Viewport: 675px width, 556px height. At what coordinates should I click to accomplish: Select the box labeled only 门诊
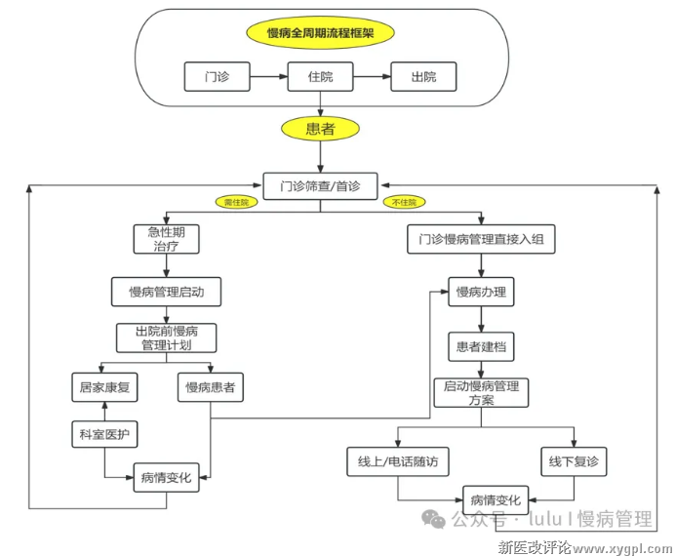(x=217, y=76)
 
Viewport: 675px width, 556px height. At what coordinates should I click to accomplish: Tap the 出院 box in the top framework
(x=423, y=76)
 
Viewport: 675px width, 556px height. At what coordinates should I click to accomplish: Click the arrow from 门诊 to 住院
(x=268, y=76)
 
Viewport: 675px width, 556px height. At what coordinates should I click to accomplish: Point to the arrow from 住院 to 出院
(x=372, y=76)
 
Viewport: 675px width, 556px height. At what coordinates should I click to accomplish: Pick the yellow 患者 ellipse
(x=321, y=129)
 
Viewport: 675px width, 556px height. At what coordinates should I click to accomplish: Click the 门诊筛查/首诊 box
(x=321, y=185)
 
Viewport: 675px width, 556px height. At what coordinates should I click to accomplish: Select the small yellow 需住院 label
(x=236, y=202)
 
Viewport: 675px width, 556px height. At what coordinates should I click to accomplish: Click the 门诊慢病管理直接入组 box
(x=481, y=239)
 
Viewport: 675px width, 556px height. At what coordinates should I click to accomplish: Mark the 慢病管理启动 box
(x=166, y=291)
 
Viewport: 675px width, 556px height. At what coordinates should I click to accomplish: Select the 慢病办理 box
(x=481, y=291)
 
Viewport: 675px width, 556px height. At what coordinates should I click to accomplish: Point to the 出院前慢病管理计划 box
(x=166, y=338)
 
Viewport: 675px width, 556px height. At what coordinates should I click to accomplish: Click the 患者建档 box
(x=481, y=345)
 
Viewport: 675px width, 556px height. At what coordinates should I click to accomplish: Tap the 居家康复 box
(x=105, y=387)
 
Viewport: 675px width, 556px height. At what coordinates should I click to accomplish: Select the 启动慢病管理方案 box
(x=481, y=392)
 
